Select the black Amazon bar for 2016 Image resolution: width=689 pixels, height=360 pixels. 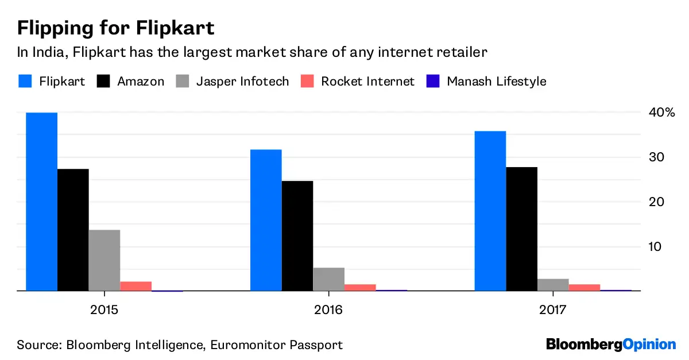coord(297,236)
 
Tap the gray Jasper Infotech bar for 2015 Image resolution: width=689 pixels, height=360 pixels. coord(104,260)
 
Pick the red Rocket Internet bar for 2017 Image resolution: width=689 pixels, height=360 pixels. coord(584,287)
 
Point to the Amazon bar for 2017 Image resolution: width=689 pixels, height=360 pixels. coord(521,229)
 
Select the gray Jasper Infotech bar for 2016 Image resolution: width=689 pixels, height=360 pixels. coord(328,279)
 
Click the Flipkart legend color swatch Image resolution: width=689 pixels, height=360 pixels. coord(24,81)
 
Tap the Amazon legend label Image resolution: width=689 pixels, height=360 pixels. coord(141,81)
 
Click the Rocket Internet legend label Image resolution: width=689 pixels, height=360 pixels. coord(367,81)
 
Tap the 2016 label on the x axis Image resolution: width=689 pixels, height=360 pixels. coord(328,310)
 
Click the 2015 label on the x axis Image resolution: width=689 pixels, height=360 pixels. coord(104,310)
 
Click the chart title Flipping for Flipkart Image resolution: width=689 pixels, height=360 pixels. coord(116,28)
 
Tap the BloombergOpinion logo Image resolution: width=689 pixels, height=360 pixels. coord(611,344)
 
